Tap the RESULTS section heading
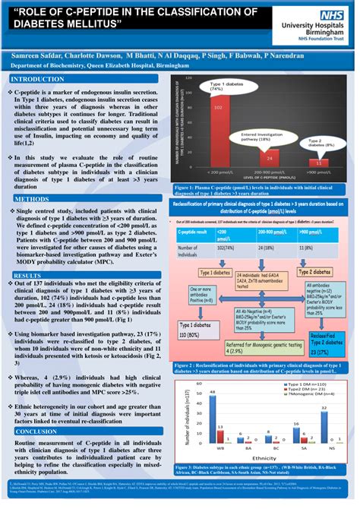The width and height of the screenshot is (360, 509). (28, 253)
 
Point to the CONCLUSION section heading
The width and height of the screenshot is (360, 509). (36, 430)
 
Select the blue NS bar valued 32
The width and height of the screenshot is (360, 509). (327, 426)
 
